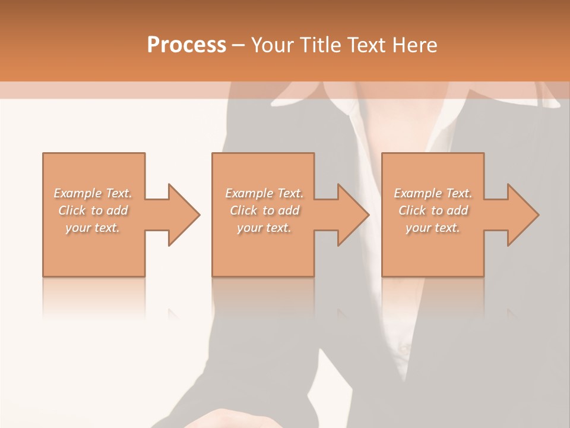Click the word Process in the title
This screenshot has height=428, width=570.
point(186,45)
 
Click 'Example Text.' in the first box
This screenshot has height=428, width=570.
point(93,193)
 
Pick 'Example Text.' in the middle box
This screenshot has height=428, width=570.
point(264,193)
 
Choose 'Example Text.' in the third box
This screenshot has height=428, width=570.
point(433,193)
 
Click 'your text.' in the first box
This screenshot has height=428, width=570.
point(93,228)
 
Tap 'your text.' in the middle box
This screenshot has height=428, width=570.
point(264,228)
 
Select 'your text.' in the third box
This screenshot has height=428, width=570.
point(433,228)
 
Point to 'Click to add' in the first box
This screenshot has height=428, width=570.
point(93,210)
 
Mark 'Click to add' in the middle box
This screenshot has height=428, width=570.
point(264,210)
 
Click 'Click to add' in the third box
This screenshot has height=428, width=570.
point(433,210)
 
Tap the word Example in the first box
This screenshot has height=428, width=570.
point(78,193)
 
